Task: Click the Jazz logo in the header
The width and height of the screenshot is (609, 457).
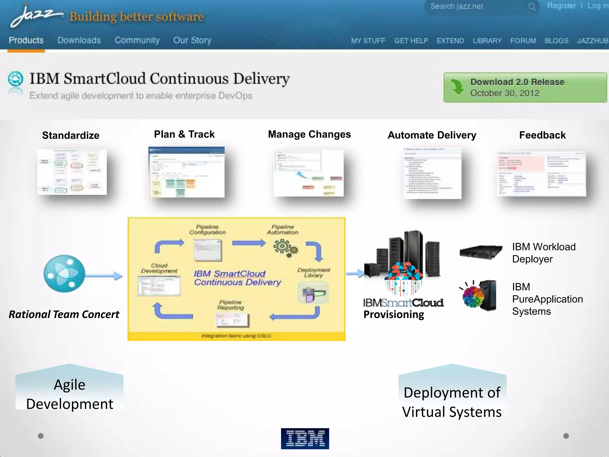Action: click(x=36, y=15)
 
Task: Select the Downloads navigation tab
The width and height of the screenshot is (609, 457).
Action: click(x=79, y=40)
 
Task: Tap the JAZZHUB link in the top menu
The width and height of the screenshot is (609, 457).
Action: click(x=592, y=41)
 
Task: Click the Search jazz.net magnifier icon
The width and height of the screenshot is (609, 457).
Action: click(x=532, y=7)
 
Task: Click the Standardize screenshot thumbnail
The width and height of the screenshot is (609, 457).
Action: click(x=72, y=172)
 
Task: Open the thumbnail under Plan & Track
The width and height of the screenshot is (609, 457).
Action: click(x=186, y=172)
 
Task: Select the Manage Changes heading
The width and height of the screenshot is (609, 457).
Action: click(x=309, y=134)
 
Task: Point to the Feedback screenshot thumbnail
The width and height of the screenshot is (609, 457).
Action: click(x=541, y=174)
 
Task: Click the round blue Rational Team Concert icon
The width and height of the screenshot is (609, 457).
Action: click(x=64, y=274)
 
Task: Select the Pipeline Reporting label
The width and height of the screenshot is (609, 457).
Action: click(x=230, y=305)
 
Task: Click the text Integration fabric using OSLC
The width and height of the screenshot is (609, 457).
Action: click(x=236, y=336)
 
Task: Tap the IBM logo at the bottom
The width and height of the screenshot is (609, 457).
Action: click(x=305, y=439)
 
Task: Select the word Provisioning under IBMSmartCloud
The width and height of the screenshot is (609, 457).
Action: click(x=394, y=314)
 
